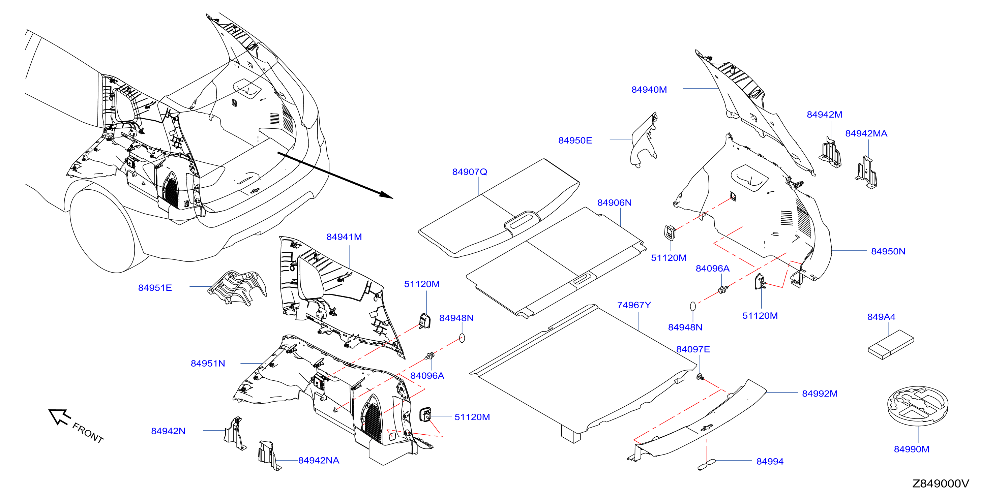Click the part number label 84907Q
pos(470,172)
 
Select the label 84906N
pos(614,203)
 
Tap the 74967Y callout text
pos(634,305)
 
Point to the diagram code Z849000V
pos(941,484)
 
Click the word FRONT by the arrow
pos(88,433)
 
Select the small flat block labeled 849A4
pos(891,345)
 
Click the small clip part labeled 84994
pos(707,464)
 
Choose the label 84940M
pos(649,90)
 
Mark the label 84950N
pos(888,252)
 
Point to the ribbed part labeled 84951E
pos(237,287)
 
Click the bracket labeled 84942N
pos(235,434)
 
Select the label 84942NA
pos(319,461)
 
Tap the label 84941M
pos(344,237)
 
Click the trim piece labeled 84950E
pos(644,140)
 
